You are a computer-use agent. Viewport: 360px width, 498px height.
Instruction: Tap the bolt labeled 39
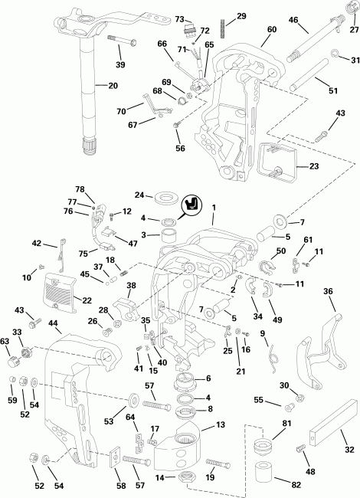(115, 38)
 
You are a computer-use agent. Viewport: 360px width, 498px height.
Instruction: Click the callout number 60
(271, 30)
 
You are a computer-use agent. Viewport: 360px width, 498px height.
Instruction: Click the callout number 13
(220, 425)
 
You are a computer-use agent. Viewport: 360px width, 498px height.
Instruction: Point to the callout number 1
(215, 207)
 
